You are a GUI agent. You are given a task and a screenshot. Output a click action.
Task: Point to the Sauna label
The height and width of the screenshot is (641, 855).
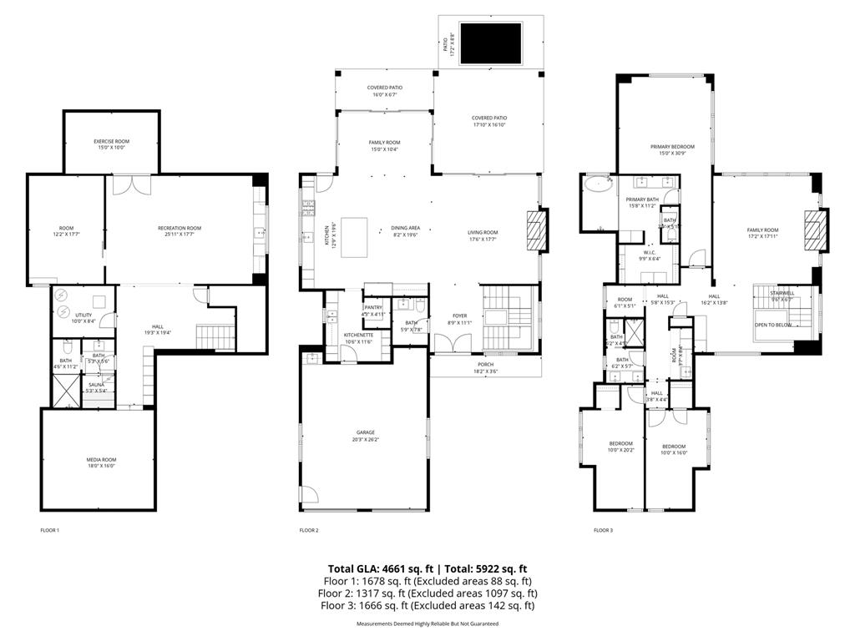(97, 386)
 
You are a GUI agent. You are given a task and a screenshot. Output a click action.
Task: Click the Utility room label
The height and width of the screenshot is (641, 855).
(83, 316)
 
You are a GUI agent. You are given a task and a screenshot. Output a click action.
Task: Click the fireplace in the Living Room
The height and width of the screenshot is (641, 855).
(535, 230)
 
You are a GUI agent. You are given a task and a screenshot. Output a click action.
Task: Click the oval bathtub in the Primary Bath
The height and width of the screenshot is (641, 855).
(596, 184)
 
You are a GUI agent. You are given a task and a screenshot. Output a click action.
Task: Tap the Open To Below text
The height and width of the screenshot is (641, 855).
(773, 326)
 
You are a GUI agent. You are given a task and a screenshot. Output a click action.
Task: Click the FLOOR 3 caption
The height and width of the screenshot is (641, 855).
(603, 530)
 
